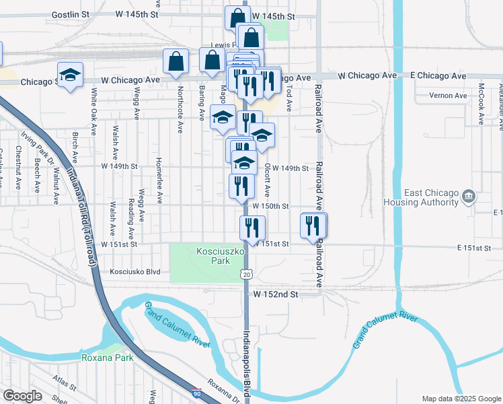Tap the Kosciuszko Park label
[214, 256]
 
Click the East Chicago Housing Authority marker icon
[469, 197]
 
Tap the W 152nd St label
[276, 294]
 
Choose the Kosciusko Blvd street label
[135, 272]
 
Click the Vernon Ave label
[449, 96]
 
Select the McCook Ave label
[481, 104]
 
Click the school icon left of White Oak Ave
[70, 75]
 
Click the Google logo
[23, 395]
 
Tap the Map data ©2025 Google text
[461, 398]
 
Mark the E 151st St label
[474, 248]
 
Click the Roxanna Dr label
[224, 393]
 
